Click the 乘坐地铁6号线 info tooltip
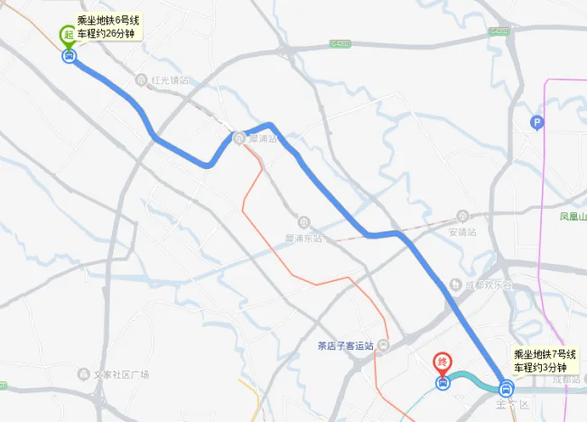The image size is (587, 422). [x=107, y=26]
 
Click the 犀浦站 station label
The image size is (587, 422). [x=262, y=138]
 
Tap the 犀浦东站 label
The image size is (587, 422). [x=304, y=237]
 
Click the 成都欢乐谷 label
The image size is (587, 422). [x=489, y=285]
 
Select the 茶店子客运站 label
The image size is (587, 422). [x=344, y=346]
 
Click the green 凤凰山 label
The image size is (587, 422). [x=573, y=217]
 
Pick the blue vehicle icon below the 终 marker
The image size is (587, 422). [x=442, y=383]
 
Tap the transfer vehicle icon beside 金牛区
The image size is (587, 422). [x=505, y=390]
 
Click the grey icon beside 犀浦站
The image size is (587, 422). [x=238, y=138]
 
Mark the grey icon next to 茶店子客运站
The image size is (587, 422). [x=384, y=346]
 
